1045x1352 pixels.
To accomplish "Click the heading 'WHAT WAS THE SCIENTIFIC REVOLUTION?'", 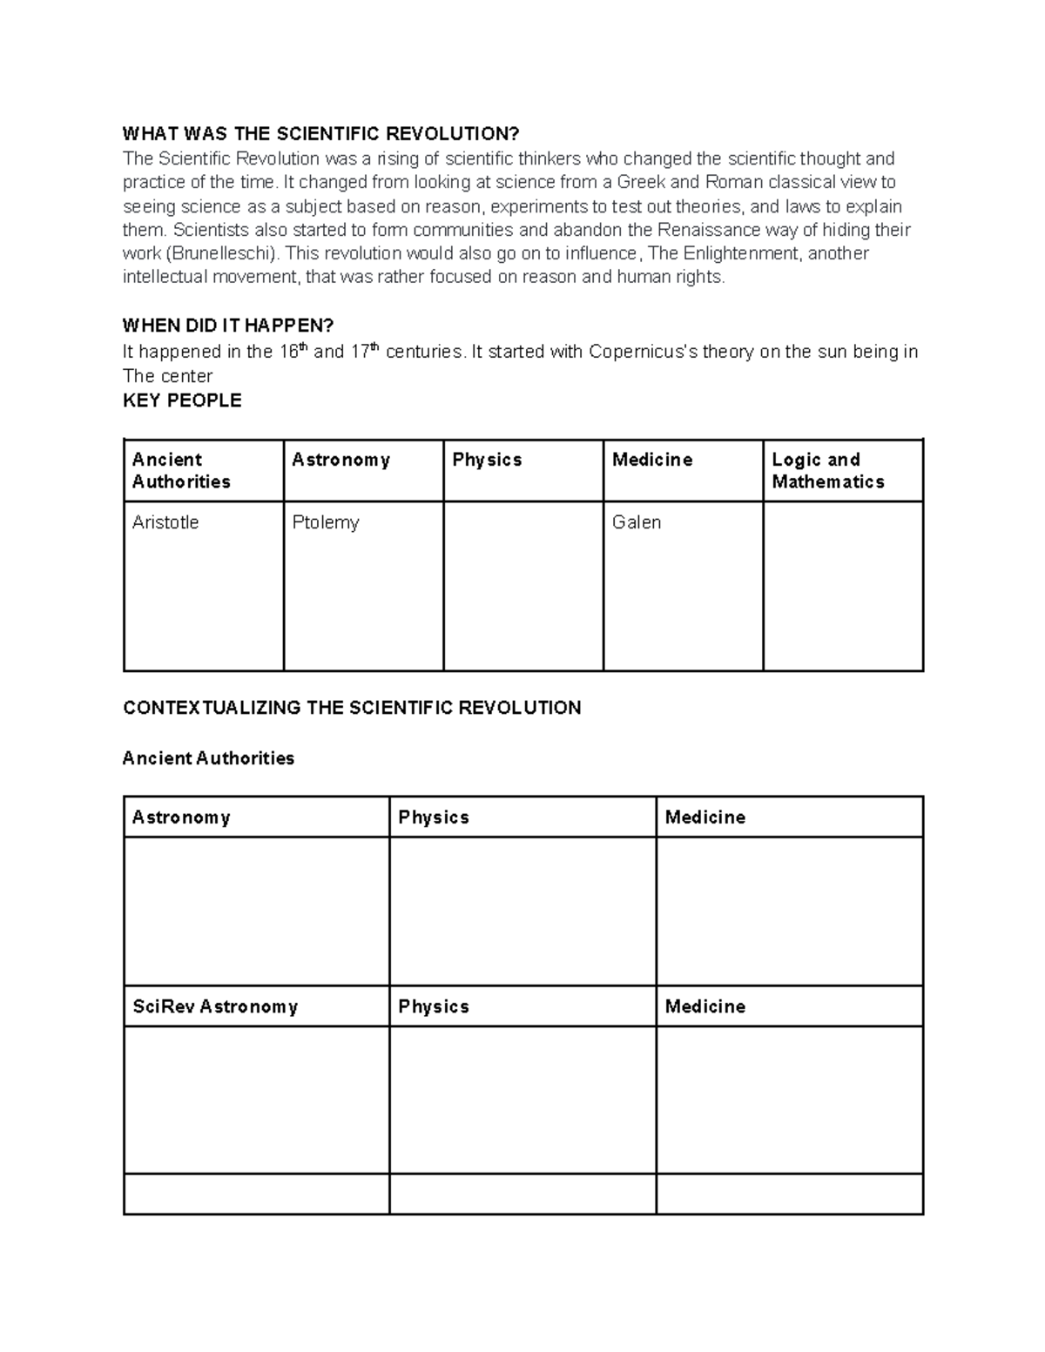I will click(320, 133).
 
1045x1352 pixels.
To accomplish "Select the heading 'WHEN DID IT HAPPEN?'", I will click(227, 326).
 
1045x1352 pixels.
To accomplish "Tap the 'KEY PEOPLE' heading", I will click(182, 400).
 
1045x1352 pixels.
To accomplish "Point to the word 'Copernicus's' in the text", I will click(642, 352).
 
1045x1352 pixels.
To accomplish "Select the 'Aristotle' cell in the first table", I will click(165, 522).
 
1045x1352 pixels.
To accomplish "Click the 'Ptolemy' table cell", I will click(326, 522).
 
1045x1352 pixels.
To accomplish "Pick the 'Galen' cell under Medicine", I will click(637, 522).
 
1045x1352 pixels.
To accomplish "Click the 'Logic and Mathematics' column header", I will click(827, 470).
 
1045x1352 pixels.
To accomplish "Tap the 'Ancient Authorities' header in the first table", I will click(181, 470).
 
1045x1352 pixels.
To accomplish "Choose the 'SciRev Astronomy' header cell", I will click(215, 1006).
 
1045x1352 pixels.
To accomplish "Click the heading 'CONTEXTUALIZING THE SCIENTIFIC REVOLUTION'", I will click(352, 708).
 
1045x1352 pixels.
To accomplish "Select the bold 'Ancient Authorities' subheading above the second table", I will click(208, 758).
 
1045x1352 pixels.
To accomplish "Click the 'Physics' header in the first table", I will click(487, 460).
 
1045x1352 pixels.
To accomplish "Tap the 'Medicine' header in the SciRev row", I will click(705, 1006).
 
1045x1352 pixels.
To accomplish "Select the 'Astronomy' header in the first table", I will click(340, 460).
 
